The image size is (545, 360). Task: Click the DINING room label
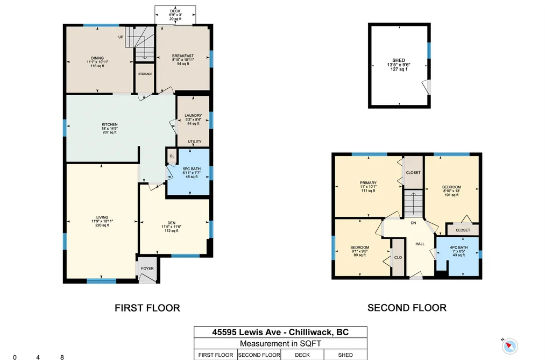pos(97,58)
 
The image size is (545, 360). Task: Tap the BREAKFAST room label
pos(183,55)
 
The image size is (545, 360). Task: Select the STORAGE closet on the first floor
pos(145,78)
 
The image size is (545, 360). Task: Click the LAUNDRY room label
pos(193,115)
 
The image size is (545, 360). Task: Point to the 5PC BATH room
pos(192,172)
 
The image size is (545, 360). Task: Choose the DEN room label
pos(172,223)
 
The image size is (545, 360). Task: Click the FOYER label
pos(147,269)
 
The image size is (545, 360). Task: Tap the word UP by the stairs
pos(121,37)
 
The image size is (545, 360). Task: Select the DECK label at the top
pos(175,11)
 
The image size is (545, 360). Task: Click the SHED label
pos(399,60)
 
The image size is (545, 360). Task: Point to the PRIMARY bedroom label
pos(368,183)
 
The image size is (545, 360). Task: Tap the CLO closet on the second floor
pos(398,257)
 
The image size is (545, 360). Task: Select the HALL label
pos(420,244)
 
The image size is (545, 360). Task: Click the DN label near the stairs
pos(413,223)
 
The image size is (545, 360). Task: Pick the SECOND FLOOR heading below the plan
pos(407,308)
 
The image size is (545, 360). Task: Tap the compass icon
pos(509,346)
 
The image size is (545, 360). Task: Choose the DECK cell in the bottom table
pos(302,355)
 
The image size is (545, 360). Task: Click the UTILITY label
pos(195,142)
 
